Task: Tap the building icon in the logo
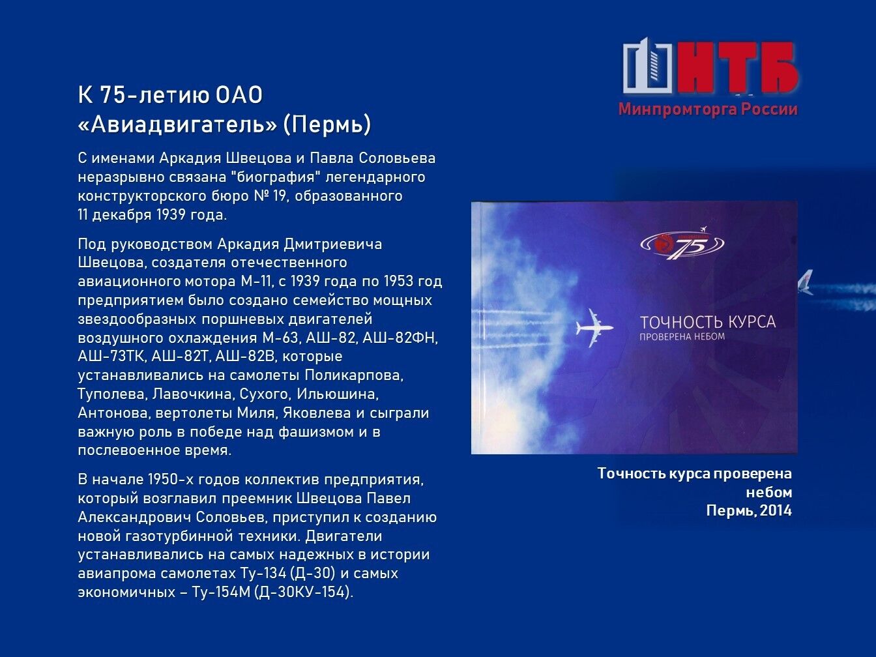click(647, 65)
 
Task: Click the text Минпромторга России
click(708, 109)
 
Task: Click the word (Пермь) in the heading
click(327, 124)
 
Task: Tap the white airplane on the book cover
click(594, 327)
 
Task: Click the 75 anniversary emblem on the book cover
click(682, 244)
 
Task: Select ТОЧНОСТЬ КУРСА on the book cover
click(708, 322)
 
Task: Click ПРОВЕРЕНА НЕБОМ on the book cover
click(682, 337)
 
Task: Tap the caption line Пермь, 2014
click(749, 510)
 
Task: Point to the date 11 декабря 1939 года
click(153, 215)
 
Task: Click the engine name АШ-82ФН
click(400, 338)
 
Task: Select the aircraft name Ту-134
click(263, 573)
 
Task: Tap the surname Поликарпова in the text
click(353, 375)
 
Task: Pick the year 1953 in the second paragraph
click(398, 281)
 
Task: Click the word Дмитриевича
click(333, 244)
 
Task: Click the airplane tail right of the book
click(806, 282)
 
